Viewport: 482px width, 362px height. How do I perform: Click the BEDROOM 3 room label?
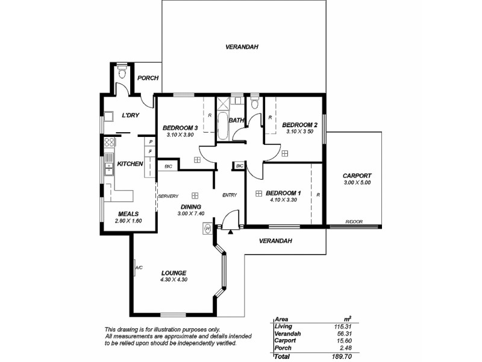(x=180, y=127)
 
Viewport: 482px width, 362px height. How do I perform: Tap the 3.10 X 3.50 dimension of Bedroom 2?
(x=299, y=132)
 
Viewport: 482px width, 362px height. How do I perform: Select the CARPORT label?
(x=357, y=175)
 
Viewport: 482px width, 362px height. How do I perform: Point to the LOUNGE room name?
(x=173, y=272)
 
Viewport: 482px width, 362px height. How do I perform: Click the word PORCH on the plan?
(x=148, y=78)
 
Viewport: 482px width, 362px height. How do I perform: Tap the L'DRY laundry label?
(x=131, y=115)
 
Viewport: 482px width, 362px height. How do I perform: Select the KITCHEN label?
(x=130, y=164)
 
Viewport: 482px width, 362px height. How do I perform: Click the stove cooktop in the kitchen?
(x=110, y=143)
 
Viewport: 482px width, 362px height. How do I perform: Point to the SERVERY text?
(x=168, y=196)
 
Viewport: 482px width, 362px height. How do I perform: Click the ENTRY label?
(x=230, y=195)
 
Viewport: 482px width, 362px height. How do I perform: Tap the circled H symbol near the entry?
(x=208, y=229)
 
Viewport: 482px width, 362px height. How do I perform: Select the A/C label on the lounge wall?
(x=138, y=267)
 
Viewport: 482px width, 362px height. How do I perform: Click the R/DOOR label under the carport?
(x=352, y=222)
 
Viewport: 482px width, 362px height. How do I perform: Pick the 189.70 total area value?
(x=342, y=357)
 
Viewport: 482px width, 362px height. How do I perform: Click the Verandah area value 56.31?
(x=343, y=334)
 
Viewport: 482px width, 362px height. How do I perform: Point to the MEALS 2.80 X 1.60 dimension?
(x=129, y=221)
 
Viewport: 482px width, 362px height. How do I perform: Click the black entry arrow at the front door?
(x=231, y=230)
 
